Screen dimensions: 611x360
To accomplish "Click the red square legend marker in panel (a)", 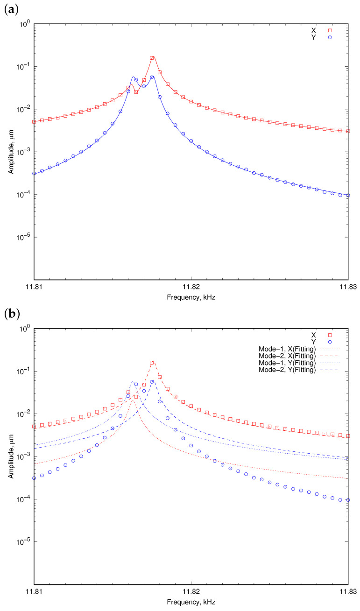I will coord(330,30).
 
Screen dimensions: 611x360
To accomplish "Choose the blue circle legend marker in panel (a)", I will coord(330,38).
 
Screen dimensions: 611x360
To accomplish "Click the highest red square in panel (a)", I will coord(152,58).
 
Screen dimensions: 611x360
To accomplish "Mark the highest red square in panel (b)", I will coord(152,363).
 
